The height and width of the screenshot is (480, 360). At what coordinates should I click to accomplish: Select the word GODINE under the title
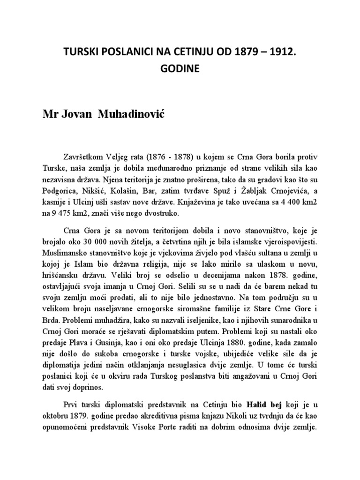pyautogui.click(x=180, y=68)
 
